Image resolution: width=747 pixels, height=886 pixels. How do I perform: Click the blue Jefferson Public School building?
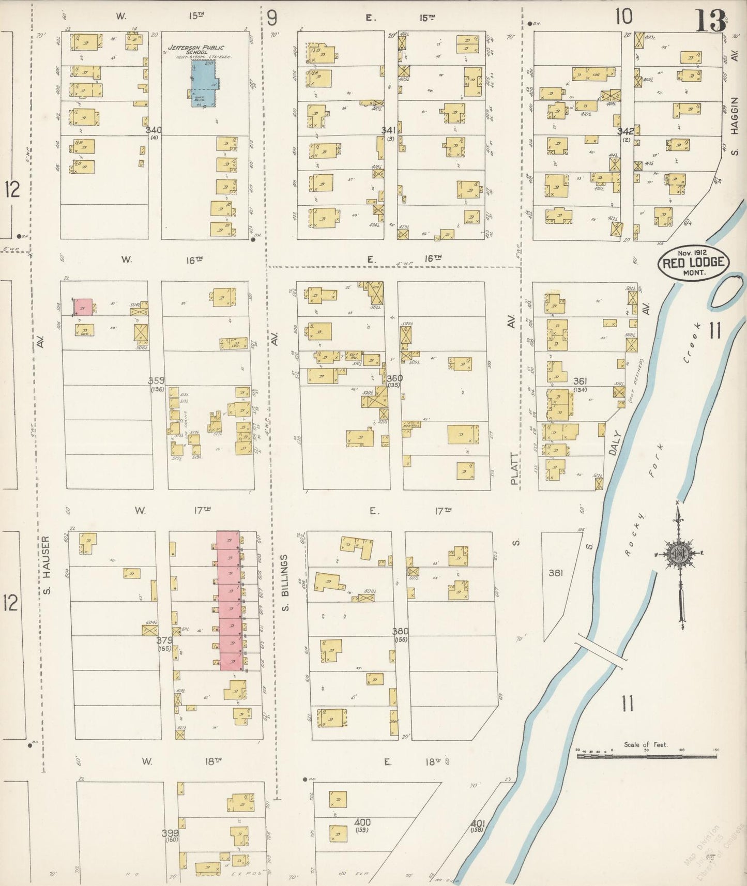point(203,83)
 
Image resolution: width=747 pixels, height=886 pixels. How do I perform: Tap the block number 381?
point(555,572)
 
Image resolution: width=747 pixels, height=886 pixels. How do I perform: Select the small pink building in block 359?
point(83,307)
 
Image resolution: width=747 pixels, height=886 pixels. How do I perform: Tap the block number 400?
point(362,822)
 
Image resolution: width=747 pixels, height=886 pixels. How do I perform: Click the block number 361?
point(580,381)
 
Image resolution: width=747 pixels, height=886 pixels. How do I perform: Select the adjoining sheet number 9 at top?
point(272,18)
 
